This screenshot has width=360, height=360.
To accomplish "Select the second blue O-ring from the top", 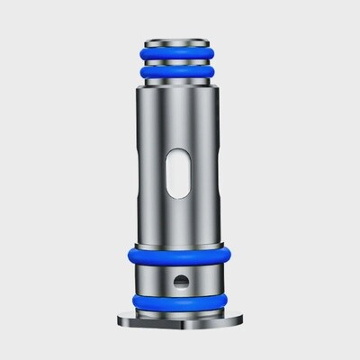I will click(180, 71).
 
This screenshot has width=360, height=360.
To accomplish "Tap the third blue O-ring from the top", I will click(180, 255).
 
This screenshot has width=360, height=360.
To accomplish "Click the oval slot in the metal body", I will click(180, 171).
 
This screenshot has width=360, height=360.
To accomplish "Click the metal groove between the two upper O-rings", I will click(180, 61).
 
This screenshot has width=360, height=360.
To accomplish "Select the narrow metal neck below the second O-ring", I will click(180, 80).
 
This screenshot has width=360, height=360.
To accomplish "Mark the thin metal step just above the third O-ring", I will click(180, 243).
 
